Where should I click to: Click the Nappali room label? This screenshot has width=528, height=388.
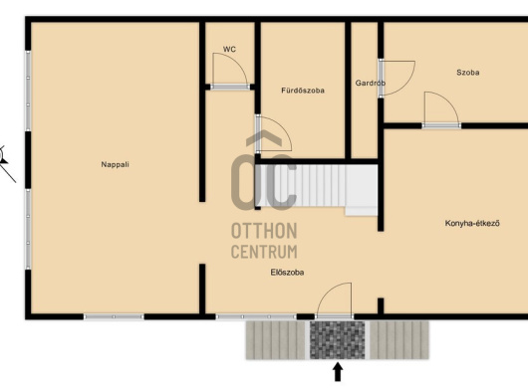pyautogui.click(x=116, y=164)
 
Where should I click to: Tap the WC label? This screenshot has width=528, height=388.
pyautogui.click(x=229, y=49)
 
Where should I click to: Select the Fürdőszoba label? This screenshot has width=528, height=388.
pyautogui.click(x=303, y=91)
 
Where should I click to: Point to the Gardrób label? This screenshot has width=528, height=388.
pyautogui.click(x=370, y=83)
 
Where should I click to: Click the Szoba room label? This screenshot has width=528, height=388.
pyautogui.click(x=467, y=73)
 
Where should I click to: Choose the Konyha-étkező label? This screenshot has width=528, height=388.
pyautogui.click(x=472, y=223)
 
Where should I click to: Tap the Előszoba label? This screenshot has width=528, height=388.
pyautogui.click(x=287, y=273)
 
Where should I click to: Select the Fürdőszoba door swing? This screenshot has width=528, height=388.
pyautogui.click(x=273, y=133)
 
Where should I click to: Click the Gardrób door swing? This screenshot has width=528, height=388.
pyautogui.click(x=396, y=78)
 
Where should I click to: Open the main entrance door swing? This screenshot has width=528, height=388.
pyautogui.click(x=335, y=300)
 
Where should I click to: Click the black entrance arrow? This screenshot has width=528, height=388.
pyautogui.click(x=338, y=372)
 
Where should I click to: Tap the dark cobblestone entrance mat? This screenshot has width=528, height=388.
pyautogui.click(x=338, y=340)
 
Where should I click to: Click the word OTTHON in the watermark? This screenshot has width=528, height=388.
pyautogui.click(x=264, y=231)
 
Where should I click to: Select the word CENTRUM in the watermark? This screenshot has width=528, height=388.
pyautogui.click(x=264, y=252)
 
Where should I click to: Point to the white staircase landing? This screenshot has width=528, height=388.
pyautogui.click(x=362, y=190)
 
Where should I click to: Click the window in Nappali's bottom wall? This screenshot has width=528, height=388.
pyautogui.click(x=114, y=316)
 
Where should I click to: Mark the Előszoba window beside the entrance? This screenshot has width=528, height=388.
pyautogui.click(x=256, y=316)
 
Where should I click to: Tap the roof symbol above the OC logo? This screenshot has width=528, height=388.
pyautogui.click(x=264, y=138)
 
